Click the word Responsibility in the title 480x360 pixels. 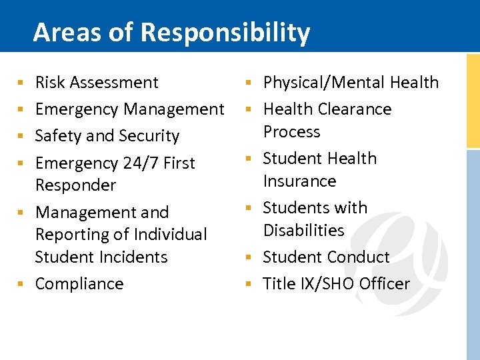[x=227, y=32]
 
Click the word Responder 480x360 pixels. [x=75, y=185]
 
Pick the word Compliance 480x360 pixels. [x=79, y=284]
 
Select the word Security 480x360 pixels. [x=149, y=136]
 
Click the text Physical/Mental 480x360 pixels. [x=324, y=83]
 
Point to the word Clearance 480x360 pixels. [x=355, y=109]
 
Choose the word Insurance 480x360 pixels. [x=299, y=181]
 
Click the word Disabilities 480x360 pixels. [x=303, y=231]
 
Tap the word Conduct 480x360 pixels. [x=359, y=257]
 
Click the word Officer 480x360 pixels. [x=385, y=284]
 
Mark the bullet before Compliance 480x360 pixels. [x=21, y=284]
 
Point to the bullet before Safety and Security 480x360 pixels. [x=21, y=136]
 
